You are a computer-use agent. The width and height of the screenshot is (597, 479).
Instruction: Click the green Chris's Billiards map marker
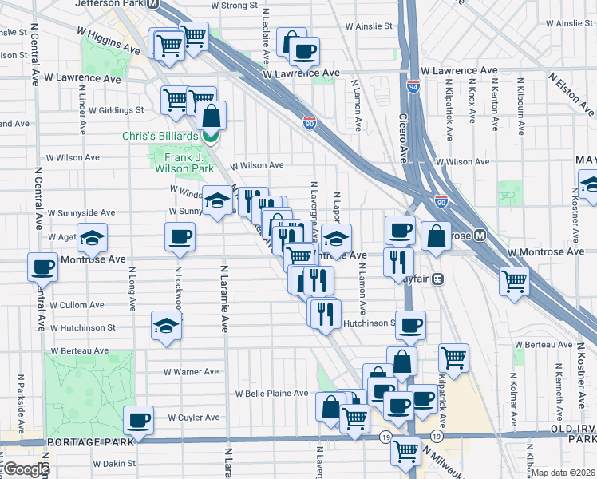tap(211, 137)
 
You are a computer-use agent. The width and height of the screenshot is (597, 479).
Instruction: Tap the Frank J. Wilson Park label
tap(183, 163)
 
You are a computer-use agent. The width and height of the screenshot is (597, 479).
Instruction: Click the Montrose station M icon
tap(480, 236)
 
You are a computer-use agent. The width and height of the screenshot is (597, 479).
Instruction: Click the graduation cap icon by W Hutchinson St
tap(166, 326)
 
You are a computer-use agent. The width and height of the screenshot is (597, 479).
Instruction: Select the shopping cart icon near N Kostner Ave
tap(515, 280)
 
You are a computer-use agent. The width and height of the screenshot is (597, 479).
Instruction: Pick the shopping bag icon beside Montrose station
tap(437, 236)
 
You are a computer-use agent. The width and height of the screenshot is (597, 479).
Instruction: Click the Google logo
tap(26, 469)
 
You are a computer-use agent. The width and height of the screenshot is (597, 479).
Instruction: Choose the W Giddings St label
tap(116, 110)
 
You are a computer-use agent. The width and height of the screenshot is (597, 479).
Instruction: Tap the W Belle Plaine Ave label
tap(271, 394)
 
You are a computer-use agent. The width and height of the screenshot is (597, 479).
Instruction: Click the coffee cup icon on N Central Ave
tap(42, 267)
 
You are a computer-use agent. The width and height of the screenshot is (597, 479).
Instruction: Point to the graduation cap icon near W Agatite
tap(93, 237)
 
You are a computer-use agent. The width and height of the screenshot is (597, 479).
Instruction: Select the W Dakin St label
tap(112, 463)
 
